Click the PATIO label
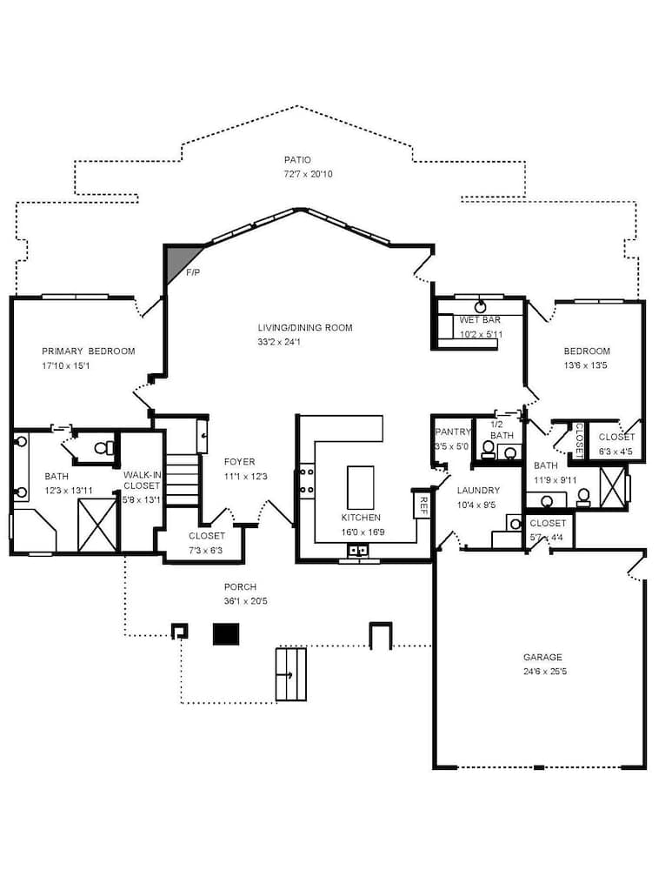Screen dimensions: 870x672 coord(297,160)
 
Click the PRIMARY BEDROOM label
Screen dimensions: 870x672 coord(89,351)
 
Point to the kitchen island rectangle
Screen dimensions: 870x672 coord(360,487)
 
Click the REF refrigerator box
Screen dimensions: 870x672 coord(422,504)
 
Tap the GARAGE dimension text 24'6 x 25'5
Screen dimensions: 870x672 coord(542,672)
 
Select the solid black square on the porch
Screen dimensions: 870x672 coord(226,634)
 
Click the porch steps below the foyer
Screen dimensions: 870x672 coord(291,674)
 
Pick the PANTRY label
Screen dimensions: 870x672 coord(452,432)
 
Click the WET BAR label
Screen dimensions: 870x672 coord(480,320)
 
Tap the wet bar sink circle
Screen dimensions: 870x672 coord(480,306)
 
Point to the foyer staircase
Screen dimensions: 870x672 coord(183,483)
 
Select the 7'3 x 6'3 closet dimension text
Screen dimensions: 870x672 coord(207,550)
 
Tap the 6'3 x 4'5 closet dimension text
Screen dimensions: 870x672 coord(616,452)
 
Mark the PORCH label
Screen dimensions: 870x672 coord(240,587)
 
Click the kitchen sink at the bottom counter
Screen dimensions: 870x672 coord(359,550)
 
